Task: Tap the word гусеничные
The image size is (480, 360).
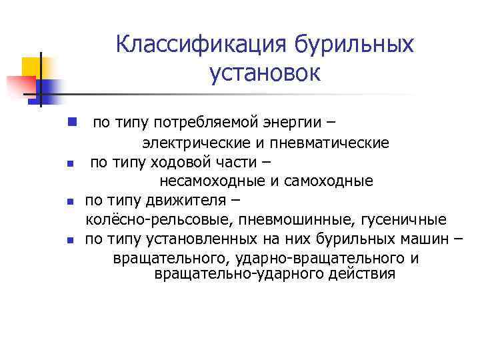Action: [406, 220]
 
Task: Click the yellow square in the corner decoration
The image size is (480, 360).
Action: [32, 67]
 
